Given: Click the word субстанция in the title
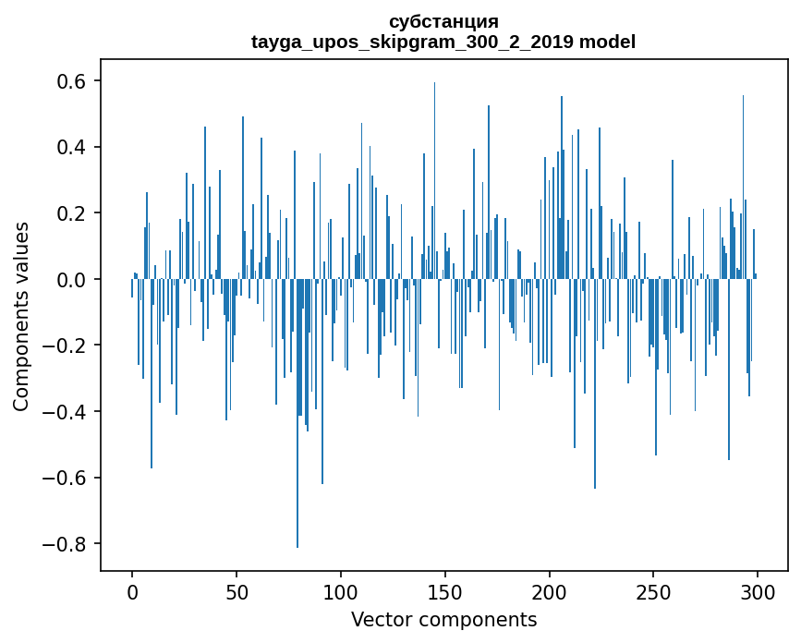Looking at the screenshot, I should click(x=443, y=21).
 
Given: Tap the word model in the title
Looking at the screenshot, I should click(x=607, y=42).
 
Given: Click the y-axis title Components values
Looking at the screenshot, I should click(x=21, y=316).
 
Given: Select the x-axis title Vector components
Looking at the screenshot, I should click(x=443, y=619).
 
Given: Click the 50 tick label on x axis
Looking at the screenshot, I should click(x=237, y=591).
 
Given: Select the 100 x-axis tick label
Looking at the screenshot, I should click(x=341, y=591).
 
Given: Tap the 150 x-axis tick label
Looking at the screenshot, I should click(x=445, y=591).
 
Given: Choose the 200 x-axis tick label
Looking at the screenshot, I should click(x=550, y=591).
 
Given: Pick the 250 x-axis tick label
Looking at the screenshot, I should click(x=654, y=591).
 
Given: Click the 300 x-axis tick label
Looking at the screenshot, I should click(x=758, y=591).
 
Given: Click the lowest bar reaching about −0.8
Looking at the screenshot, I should click(x=297, y=462).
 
